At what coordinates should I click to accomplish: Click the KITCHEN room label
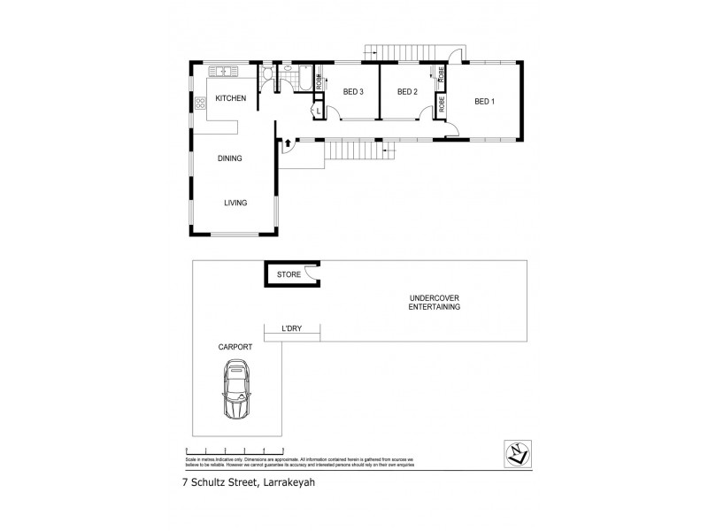tap(230, 98)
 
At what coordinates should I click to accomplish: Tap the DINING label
tap(230, 158)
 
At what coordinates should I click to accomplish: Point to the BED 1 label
tap(484, 102)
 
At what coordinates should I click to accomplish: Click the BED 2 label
tap(406, 92)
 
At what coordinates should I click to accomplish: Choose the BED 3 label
tap(353, 92)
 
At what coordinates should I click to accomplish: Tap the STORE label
tap(289, 275)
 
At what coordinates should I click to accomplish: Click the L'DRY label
tap(292, 329)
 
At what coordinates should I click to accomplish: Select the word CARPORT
tap(235, 348)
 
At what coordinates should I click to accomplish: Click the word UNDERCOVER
tap(434, 297)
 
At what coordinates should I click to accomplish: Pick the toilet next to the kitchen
tap(267, 73)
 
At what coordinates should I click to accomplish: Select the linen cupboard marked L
tap(317, 110)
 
